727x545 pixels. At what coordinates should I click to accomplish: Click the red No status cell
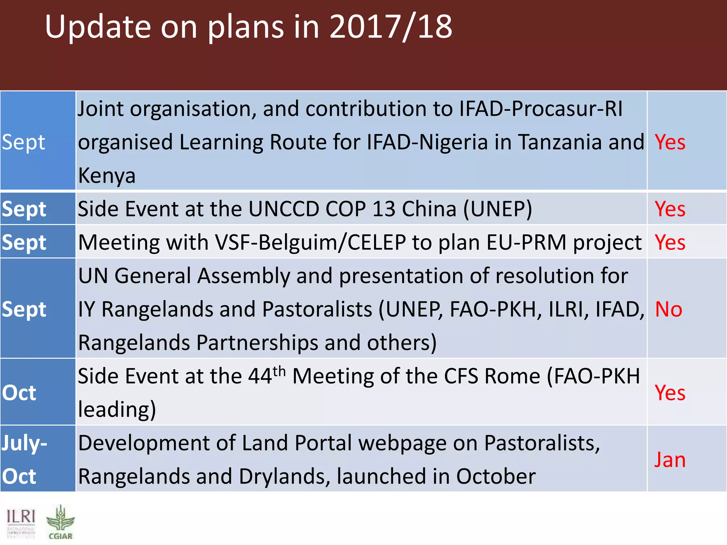pyautogui.click(x=668, y=309)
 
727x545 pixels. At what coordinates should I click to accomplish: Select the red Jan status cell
pyautogui.click(x=669, y=460)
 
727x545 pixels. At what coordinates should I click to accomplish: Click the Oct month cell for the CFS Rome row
pyautogui.click(x=19, y=393)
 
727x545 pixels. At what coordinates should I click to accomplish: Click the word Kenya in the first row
pyautogui.click(x=106, y=176)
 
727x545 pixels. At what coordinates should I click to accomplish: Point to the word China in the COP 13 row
pyautogui.click(x=429, y=209)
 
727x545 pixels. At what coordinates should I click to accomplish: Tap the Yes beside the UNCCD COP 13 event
pyautogui.click(x=669, y=209)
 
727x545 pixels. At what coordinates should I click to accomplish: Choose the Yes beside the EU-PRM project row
pyautogui.click(x=669, y=242)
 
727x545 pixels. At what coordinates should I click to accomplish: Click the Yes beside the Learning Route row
pyautogui.click(x=669, y=142)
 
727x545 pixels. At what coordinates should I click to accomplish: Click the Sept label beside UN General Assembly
pyautogui.click(x=24, y=309)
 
